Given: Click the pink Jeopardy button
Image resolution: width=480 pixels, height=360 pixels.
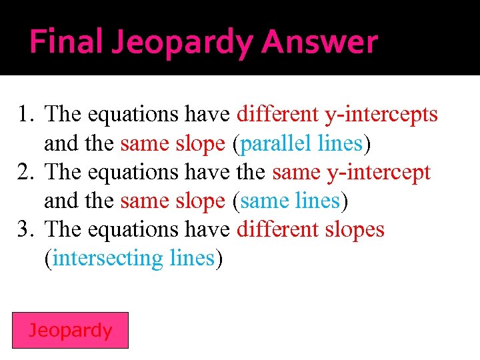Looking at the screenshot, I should click(x=71, y=330).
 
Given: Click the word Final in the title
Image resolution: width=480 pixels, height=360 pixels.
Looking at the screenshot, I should click(x=65, y=43).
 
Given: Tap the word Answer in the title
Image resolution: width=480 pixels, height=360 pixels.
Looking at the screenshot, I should click(x=319, y=43).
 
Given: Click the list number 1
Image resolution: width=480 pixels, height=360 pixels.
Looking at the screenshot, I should click(x=26, y=115).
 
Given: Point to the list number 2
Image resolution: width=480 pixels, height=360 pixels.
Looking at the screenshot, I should click(x=26, y=173).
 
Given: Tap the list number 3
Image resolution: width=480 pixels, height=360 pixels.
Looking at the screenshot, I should click(x=26, y=230).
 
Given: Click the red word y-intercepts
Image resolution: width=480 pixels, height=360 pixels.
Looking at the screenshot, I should click(x=381, y=115).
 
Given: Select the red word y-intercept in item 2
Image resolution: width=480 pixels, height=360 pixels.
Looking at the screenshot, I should click(x=378, y=173).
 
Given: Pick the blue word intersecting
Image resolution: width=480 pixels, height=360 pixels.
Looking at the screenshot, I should click(x=107, y=259).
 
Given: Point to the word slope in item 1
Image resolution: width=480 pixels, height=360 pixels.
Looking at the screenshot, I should click(x=200, y=143).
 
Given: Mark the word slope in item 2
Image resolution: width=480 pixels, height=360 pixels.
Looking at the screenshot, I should click(x=200, y=201).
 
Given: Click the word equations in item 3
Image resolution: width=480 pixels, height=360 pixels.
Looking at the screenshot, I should click(x=127, y=230).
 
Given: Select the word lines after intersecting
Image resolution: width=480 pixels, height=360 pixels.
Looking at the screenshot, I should click(x=191, y=259).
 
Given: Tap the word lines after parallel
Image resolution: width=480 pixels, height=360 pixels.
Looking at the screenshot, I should click(x=339, y=143).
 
